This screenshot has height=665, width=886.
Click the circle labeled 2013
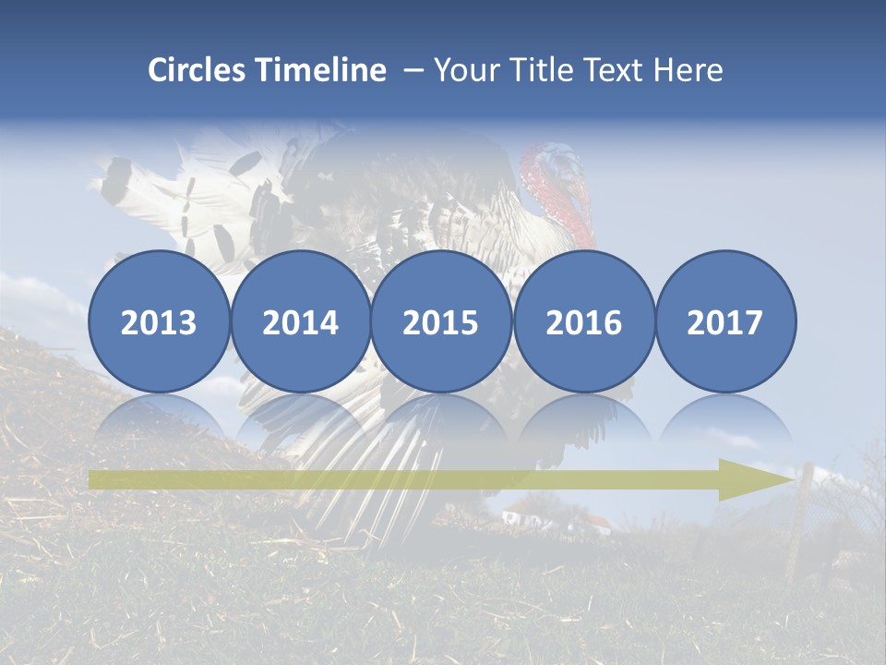point(159,321)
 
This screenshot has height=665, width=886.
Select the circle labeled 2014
point(300,321)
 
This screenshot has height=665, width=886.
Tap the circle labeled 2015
point(441,321)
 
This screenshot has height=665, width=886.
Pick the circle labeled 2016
point(583,321)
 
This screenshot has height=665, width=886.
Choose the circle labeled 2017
point(725,321)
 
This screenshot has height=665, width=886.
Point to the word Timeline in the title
point(322,70)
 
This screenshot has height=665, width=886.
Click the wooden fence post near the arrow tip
point(800,517)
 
